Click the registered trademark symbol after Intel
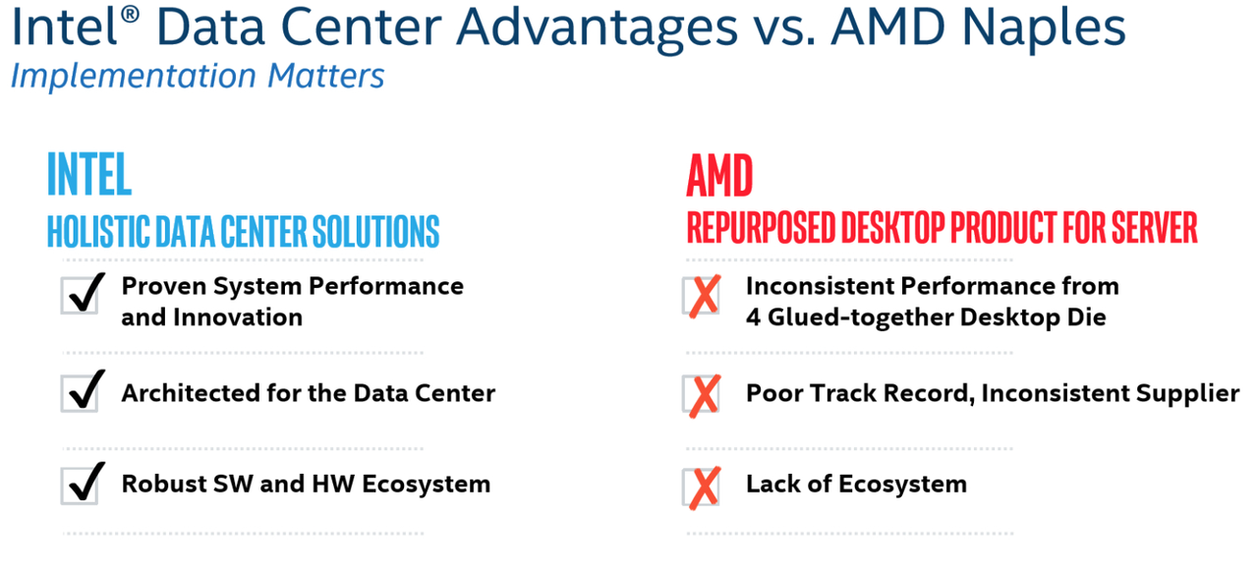click(x=130, y=14)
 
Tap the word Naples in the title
click(x=1044, y=29)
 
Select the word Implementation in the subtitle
click(x=134, y=77)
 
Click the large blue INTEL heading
click(x=89, y=174)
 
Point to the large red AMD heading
click(x=719, y=176)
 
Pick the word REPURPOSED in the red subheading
click(x=761, y=228)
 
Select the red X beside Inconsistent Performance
click(x=702, y=296)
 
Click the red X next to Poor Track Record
click(x=702, y=395)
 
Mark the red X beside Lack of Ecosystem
click(x=702, y=487)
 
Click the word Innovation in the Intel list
click(x=238, y=317)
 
